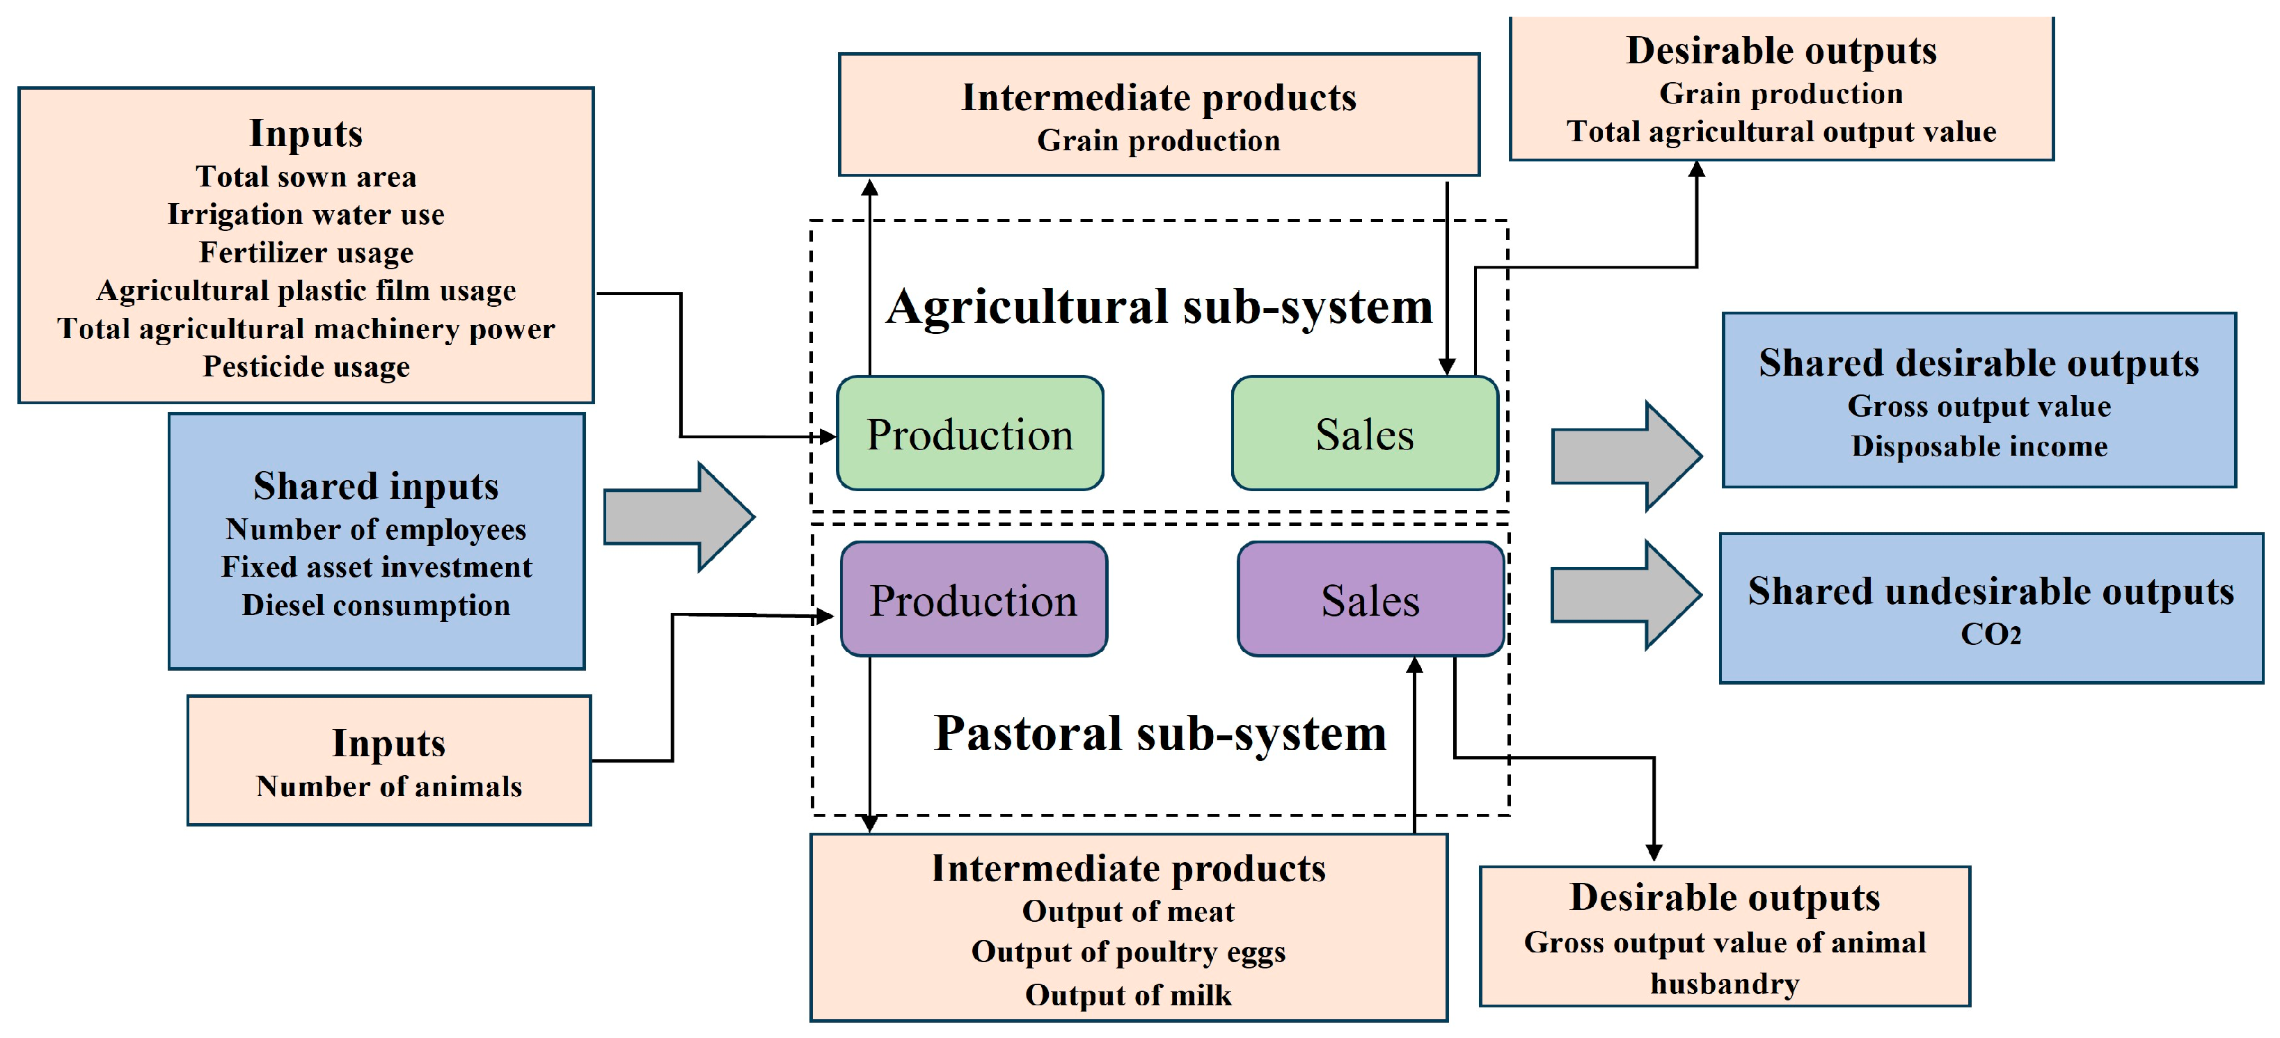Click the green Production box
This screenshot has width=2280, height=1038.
969,433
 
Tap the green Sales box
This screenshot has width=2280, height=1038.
1364,433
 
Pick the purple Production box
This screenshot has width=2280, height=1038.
973,600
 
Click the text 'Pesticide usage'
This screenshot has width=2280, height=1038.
306,367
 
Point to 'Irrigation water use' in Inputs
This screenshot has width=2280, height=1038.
306,214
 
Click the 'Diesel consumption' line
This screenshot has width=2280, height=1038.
375,605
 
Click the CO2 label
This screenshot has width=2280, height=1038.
1990,634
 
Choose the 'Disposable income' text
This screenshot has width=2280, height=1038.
1979,446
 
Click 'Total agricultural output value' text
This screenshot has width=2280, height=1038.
1781,132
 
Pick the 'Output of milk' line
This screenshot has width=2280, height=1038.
1127,996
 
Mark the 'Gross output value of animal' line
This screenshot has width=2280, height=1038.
1724,943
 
